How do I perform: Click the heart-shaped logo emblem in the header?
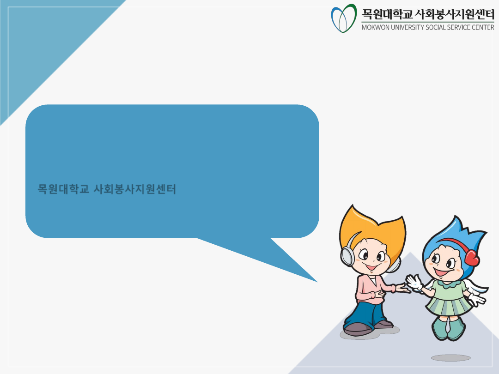344,18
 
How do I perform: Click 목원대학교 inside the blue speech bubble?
63,189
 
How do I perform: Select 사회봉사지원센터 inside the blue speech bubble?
135,189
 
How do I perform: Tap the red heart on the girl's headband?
472,257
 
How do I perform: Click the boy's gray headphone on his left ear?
347,255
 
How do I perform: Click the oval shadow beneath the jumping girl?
450,358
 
